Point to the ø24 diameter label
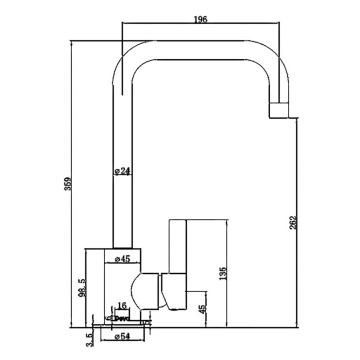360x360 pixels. click(123, 171)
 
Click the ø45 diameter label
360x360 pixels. click(123, 258)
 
